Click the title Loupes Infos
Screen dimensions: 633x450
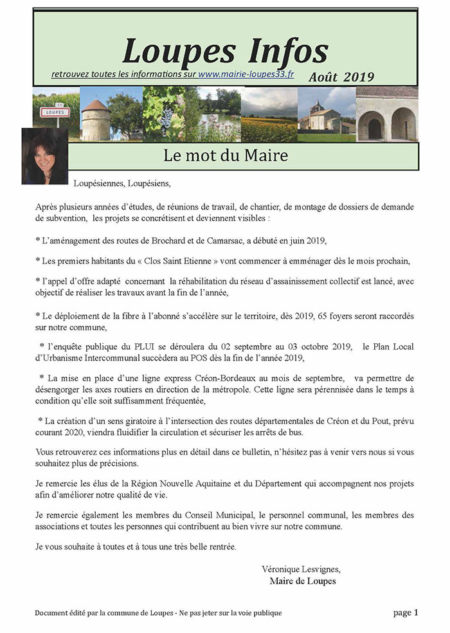click(x=225, y=50)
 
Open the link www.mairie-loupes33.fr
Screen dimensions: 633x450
click(x=246, y=75)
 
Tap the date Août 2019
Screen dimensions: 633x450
click(x=341, y=76)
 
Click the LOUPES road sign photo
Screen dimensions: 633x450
click(x=56, y=114)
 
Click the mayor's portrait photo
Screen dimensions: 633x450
click(x=44, y=156)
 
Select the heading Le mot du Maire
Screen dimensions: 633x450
click(x=226, y=156)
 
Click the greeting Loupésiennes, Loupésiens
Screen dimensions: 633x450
click(x=122, y=183)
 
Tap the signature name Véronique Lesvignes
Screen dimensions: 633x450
click(x=301, y=569)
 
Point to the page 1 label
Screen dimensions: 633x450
click(x=406, y=612)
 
